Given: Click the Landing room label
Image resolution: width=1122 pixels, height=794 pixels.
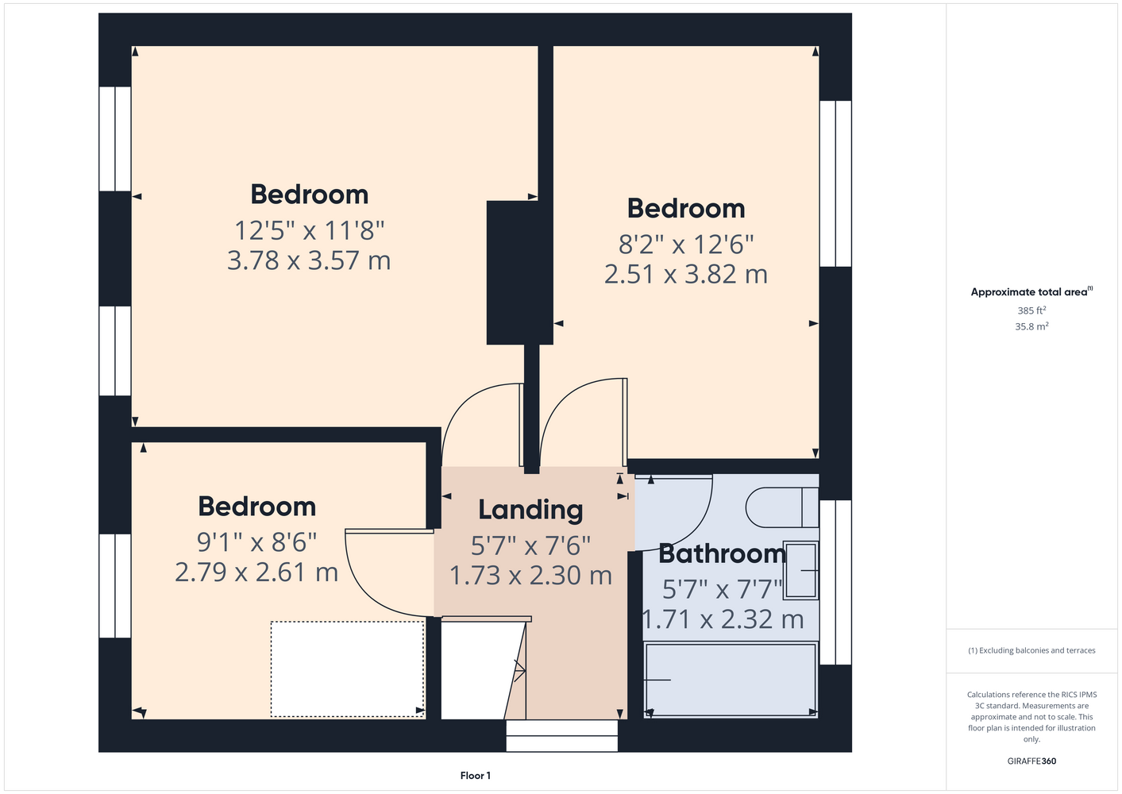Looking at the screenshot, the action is click(530, 510).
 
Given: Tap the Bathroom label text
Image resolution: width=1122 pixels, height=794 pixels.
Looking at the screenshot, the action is click(722, 553).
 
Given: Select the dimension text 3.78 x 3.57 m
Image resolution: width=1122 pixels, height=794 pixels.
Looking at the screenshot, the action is click(309, 260).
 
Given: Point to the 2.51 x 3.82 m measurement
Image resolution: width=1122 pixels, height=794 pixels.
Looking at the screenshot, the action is click(686, 275).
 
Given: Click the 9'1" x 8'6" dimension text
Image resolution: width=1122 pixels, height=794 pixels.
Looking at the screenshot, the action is click(256, 542).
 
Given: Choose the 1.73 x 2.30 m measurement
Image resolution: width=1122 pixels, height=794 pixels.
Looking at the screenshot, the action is click(530, 575).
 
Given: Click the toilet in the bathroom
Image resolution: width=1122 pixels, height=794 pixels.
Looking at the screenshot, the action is click(782, 507).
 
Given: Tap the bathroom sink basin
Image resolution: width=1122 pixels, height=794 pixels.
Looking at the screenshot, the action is click(800, 570).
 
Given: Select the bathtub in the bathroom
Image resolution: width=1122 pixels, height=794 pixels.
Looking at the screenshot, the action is click(731, 680).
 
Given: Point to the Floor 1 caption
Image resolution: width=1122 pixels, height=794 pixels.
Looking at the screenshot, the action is click(476, 776).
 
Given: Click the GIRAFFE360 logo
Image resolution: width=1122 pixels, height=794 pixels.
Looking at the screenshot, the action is click(1031, 761).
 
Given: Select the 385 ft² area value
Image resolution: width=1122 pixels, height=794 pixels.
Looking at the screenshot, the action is click(1031, 310).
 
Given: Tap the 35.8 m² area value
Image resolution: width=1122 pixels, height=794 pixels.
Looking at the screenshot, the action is click(1031, 326).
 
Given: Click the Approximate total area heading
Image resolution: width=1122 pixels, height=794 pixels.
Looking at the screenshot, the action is click(1031, 292).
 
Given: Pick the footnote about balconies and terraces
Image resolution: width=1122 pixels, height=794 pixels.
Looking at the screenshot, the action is click(1031, 650).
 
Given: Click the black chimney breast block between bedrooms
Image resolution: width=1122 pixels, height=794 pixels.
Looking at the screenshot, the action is click(519, 272).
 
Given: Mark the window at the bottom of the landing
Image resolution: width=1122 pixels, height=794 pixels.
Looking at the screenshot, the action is click(561, 736).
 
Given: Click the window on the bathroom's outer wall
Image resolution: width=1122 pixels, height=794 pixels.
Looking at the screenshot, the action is click(835, 582).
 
